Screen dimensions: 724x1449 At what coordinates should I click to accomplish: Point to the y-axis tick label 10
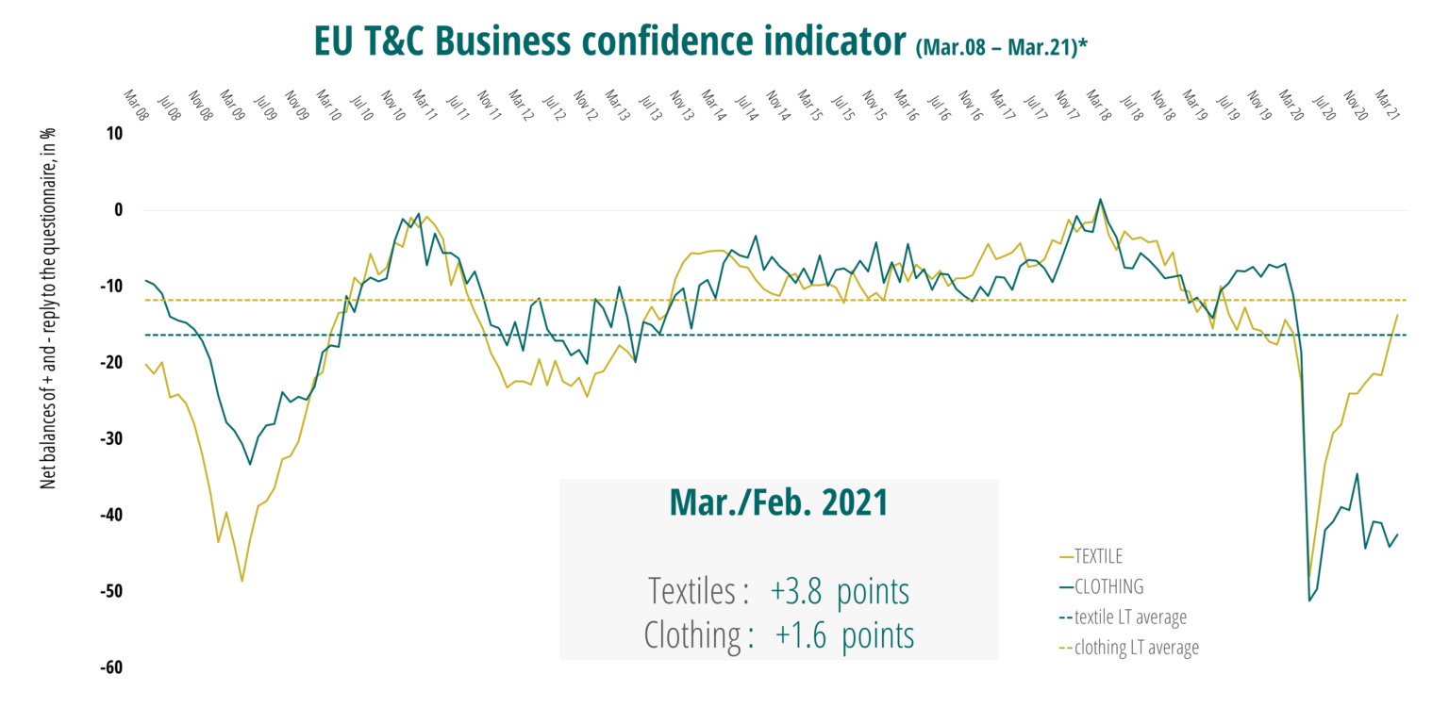coord(113,134)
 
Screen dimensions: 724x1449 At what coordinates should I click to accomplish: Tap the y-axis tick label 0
coord(119,210)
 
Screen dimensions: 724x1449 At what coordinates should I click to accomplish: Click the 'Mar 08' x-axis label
coord(137,103)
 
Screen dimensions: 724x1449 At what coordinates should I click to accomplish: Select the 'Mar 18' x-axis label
coord(1098,103)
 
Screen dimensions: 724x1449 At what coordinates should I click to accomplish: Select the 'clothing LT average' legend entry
coord(1136,648)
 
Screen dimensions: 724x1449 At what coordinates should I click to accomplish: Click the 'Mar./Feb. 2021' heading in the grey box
coord(778,502)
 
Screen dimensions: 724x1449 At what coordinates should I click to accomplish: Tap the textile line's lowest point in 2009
coord(241,581)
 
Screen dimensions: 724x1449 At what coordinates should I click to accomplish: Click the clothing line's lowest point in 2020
coord(1309,601)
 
